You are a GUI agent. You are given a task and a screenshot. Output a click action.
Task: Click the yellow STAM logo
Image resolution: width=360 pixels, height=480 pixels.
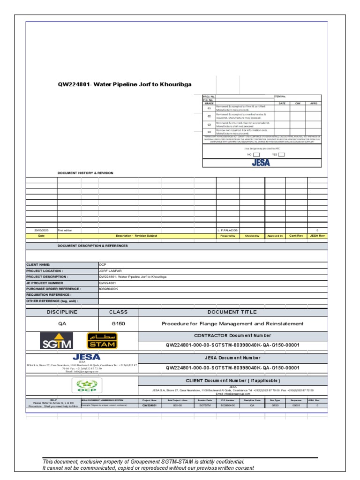102,341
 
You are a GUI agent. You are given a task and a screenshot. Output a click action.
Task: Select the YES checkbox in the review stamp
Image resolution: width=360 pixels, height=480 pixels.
281,154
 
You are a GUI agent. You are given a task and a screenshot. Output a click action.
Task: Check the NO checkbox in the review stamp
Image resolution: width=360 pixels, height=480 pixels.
256,154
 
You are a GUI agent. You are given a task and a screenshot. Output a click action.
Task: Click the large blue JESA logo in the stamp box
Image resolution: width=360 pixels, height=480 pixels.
262,163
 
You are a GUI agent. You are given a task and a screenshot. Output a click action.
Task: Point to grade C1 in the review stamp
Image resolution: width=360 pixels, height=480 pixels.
209,108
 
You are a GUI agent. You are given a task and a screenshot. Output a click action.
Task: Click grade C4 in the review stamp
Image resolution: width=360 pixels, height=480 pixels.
209,132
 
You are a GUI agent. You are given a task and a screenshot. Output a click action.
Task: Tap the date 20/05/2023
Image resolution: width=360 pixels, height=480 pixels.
41,231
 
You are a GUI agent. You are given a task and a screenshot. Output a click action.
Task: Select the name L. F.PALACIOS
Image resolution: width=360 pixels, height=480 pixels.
228,231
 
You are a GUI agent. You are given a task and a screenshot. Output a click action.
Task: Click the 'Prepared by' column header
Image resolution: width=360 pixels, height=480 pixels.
228,236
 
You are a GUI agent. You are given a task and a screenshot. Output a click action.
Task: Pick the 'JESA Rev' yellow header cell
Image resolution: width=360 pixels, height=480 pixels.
317,236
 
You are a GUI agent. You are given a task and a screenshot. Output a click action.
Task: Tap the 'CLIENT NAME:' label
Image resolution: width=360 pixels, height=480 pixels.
38,264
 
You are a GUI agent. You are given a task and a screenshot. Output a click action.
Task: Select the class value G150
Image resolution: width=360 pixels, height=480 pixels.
118,323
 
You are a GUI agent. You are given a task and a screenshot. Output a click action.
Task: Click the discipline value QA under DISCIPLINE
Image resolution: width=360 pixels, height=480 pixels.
62,323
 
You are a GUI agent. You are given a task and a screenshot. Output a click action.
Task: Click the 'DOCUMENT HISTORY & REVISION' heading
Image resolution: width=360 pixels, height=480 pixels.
85,173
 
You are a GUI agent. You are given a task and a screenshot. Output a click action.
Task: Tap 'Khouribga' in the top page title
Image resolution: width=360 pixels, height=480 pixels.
176,84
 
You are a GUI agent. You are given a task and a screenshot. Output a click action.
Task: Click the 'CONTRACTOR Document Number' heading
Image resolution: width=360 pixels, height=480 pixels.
232,336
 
